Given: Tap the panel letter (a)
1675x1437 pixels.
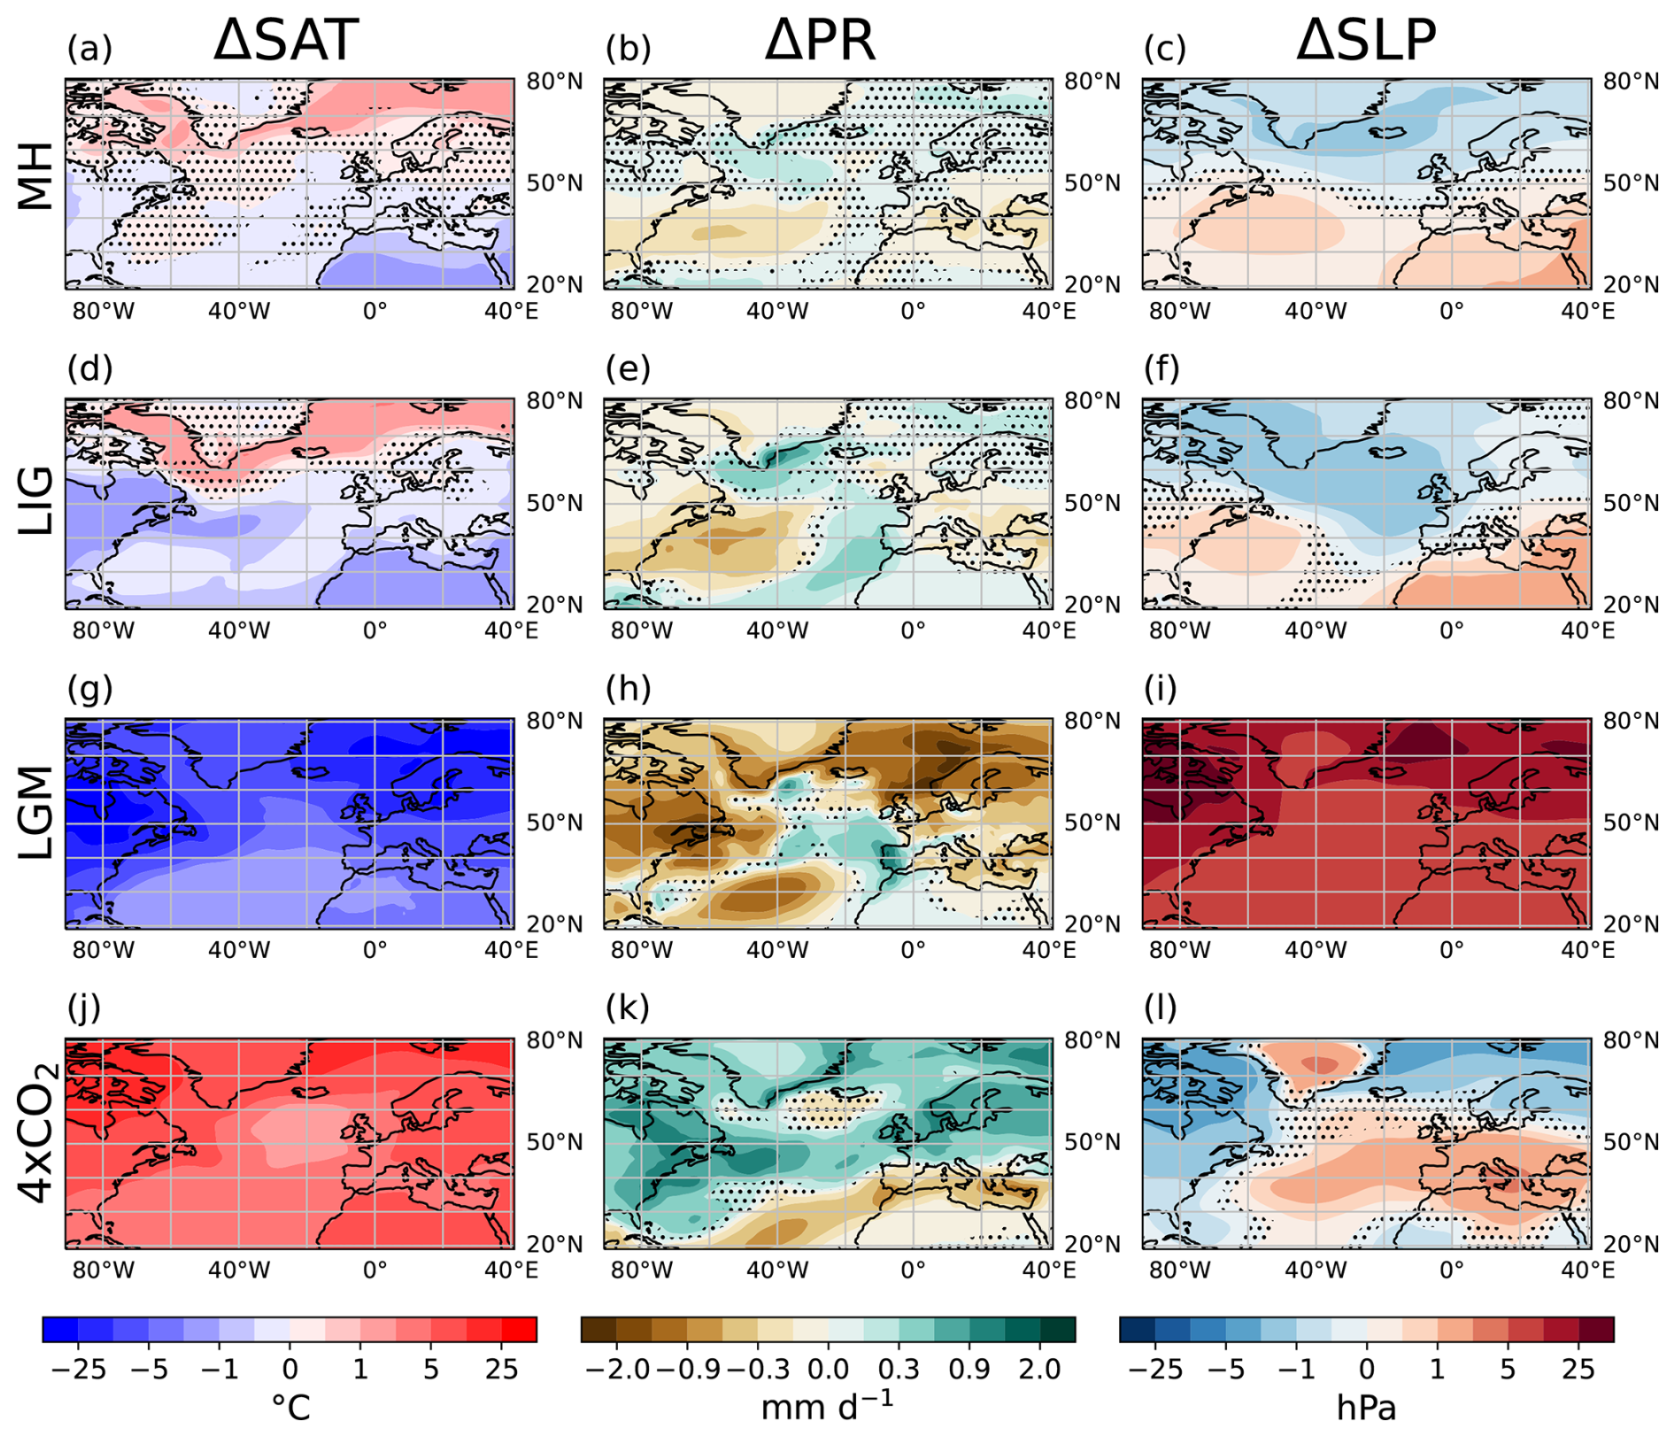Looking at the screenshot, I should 89,49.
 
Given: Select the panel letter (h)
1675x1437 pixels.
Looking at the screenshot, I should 628,688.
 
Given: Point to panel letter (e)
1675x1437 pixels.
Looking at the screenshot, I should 628,368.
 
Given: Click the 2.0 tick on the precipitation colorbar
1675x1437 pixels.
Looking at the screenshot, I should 1039,1369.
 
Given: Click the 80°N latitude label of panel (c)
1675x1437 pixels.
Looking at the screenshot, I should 1630,81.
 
